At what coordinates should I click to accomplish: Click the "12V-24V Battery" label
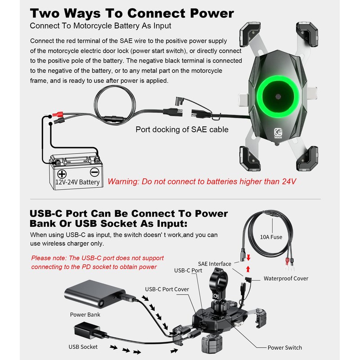(x=77, y=182)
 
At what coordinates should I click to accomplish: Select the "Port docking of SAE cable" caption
(x=182, y=130)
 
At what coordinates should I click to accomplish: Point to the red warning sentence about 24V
(x=202, y=182)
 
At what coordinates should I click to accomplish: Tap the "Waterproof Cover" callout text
(x=286, y=278)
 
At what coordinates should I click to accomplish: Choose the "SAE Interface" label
(x=214, y=264)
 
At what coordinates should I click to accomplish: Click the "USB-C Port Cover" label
(x=167, y=289)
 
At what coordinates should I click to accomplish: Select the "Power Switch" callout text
(x=284, y=347)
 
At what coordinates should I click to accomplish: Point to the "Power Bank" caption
(x=85, y=315)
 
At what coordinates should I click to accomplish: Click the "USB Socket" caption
(x=83, y=346)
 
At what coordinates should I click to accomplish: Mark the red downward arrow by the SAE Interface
(x=248, y=257)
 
